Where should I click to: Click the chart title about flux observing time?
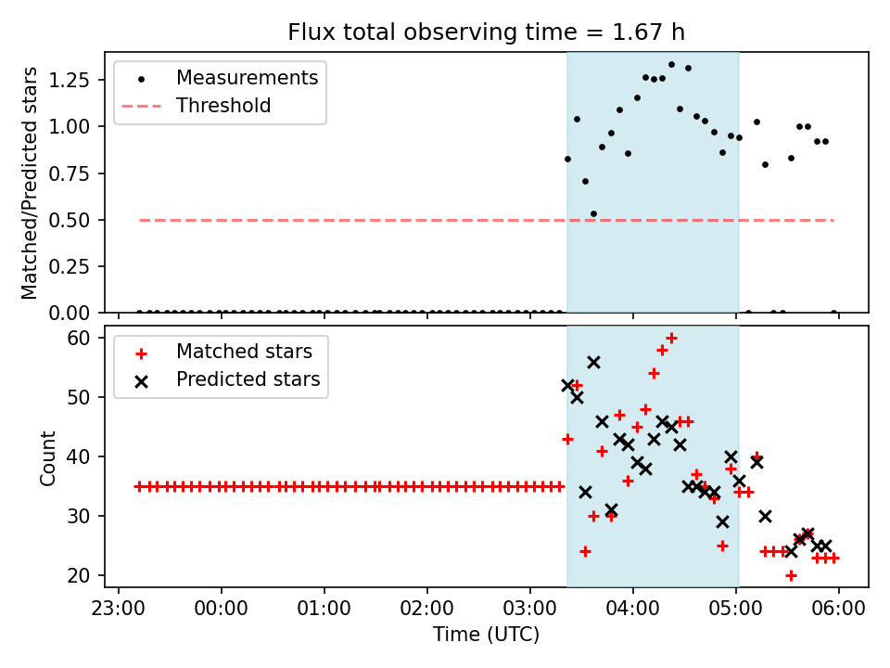486,33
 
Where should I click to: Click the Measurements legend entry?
247,78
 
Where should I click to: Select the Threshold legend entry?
223,106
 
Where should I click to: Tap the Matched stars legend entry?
244,352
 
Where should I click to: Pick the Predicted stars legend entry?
248,379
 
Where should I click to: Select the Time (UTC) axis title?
486,636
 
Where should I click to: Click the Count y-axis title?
47,457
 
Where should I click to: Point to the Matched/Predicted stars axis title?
30,183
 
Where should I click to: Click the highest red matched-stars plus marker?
671,338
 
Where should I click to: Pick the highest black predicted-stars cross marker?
593,362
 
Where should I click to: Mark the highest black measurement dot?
671,65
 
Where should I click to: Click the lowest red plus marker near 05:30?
791,575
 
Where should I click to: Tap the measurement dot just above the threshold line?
593,213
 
